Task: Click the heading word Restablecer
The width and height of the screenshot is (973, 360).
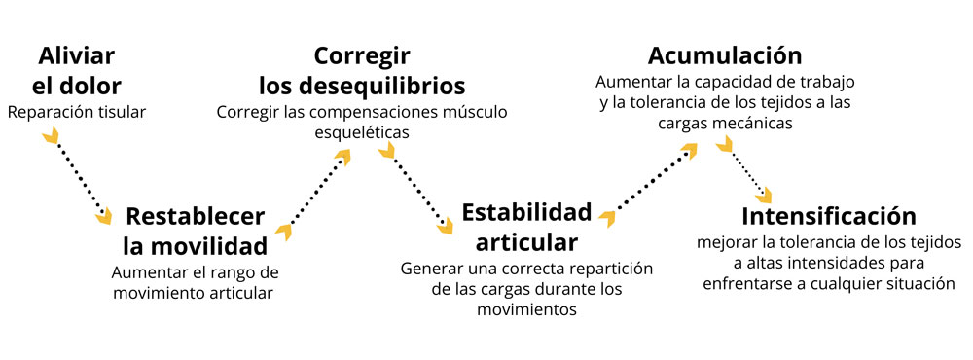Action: point(195,215)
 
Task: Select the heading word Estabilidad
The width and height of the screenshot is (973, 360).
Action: point(526,212)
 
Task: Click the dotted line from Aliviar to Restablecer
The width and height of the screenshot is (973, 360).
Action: point(80,178)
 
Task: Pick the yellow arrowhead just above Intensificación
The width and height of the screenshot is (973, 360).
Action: point(764,195)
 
